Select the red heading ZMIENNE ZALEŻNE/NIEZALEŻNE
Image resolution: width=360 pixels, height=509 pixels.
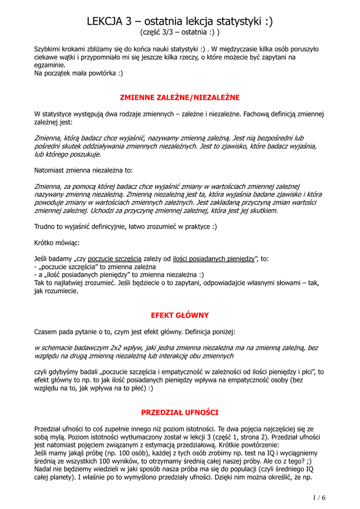[x=180, y=97]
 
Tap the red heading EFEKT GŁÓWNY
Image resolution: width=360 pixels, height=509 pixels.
[x=180, y=315]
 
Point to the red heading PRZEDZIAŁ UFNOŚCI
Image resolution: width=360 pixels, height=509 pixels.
[x=180, y=412]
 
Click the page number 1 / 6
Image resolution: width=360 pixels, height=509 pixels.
[x=319, y=498]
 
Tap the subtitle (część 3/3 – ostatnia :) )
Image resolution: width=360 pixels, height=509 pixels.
[x=180, y=32]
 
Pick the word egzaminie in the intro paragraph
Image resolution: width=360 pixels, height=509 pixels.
[x=49, y=65]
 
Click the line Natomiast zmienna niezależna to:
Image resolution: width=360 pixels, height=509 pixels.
[x=83, y=170]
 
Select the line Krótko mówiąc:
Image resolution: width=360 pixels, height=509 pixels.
[x=56, y=243]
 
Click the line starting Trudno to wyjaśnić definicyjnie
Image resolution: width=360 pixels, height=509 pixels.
[x=125, y=226]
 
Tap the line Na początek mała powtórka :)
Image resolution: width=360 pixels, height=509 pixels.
[x=78, y=73]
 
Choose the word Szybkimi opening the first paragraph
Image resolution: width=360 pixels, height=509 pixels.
[x=49, y=49]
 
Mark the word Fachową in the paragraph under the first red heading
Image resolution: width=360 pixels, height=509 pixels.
[x=261, y=113]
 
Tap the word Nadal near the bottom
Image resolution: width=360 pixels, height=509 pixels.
[x=43, y=469]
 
